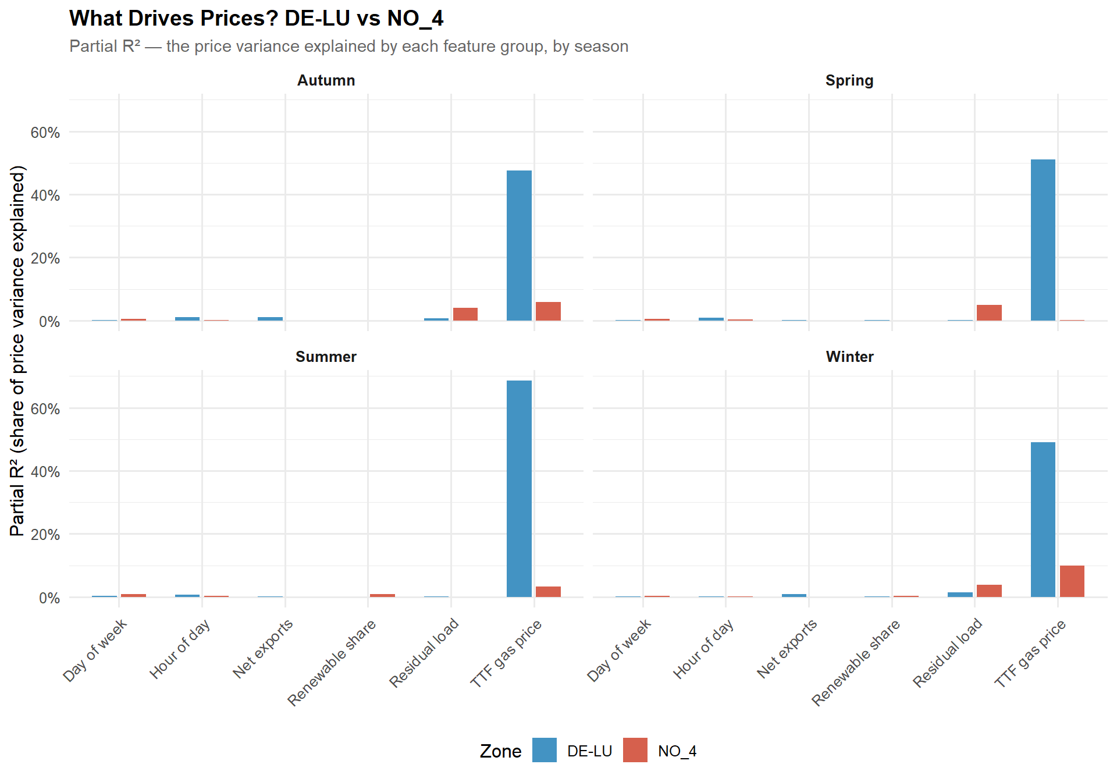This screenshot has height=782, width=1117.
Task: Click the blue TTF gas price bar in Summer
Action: (519, 489)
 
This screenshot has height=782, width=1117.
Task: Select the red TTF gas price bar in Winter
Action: (1072, 581)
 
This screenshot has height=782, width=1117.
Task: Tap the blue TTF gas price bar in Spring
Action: (1043, 240)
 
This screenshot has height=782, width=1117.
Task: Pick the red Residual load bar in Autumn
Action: (465, 314)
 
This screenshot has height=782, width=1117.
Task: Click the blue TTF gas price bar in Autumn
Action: (519, 246)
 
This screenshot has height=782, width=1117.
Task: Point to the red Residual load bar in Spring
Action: (989, 312)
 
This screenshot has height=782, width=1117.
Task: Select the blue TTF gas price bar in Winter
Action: (1043, 520)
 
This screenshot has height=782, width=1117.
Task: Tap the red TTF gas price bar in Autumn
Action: (548, 311)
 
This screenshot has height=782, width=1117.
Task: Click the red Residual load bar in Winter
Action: (989, 591)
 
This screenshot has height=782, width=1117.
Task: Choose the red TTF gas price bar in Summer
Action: (548, 592)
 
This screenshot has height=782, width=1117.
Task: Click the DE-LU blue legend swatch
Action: (544, 750)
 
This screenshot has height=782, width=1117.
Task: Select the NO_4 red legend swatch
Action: (635, 750)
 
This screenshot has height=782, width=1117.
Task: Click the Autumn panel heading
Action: (326, 80)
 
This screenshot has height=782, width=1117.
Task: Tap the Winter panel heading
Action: (849, 357)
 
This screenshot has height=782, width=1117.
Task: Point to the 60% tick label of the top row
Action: (45, 133)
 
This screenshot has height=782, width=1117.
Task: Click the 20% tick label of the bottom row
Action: (45, 535)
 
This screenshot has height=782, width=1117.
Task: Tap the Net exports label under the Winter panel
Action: (787, 648)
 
